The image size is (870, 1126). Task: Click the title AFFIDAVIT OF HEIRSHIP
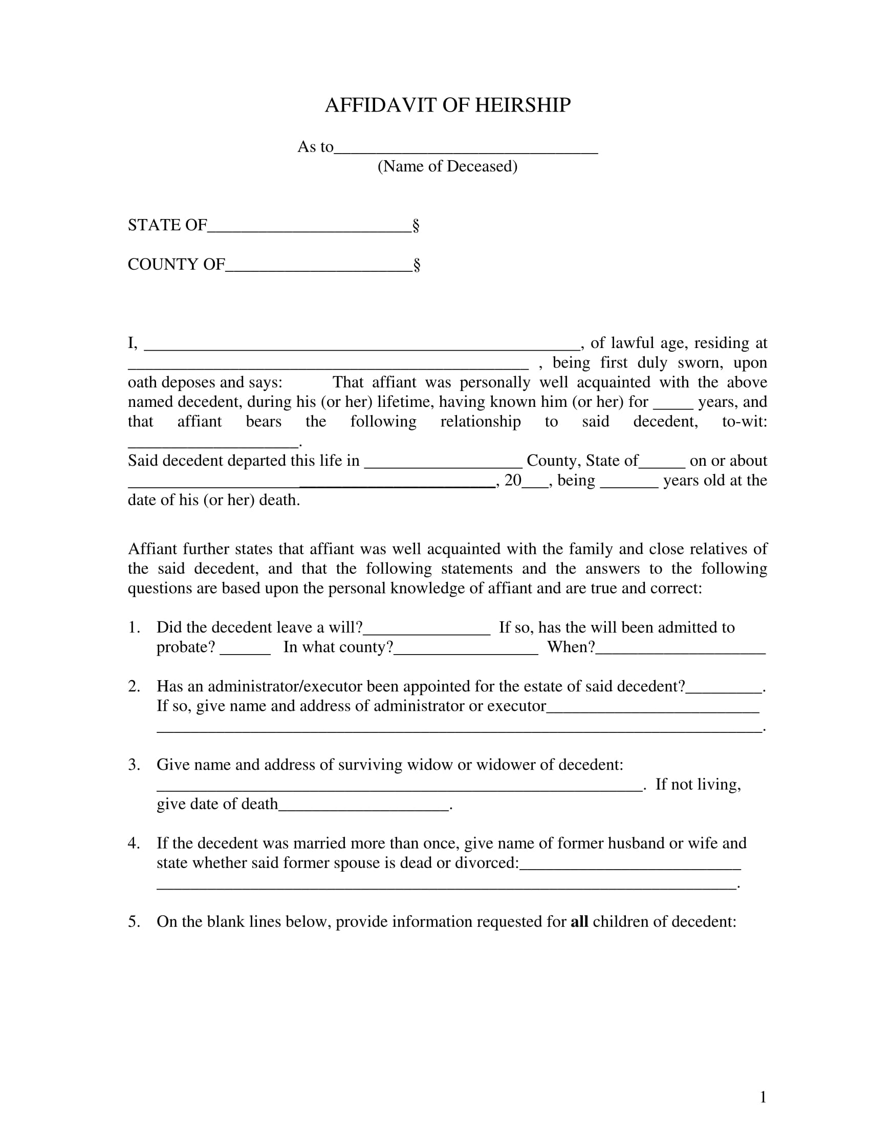[447, 105]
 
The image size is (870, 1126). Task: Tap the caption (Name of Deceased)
[447, 166]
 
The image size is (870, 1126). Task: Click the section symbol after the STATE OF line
[416, 226]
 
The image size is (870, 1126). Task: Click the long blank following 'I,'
[361, 347]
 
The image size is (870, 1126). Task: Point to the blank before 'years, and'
[672, 405]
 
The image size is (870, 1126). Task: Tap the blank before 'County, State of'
[443, 464]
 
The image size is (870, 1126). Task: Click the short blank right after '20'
[535, 484]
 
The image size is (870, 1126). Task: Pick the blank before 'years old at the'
[629, 484]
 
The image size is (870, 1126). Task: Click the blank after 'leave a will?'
[427, 632]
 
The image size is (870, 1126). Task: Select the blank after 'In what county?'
[465, 651]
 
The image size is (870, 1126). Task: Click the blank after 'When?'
[680, 651]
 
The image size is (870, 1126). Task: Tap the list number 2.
[134, 686]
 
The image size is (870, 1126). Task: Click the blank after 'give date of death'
[364, 808]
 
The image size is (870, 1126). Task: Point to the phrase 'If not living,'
[698, 784]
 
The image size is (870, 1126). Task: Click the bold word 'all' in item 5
[579, 921]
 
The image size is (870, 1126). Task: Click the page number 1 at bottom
[763, 1097]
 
